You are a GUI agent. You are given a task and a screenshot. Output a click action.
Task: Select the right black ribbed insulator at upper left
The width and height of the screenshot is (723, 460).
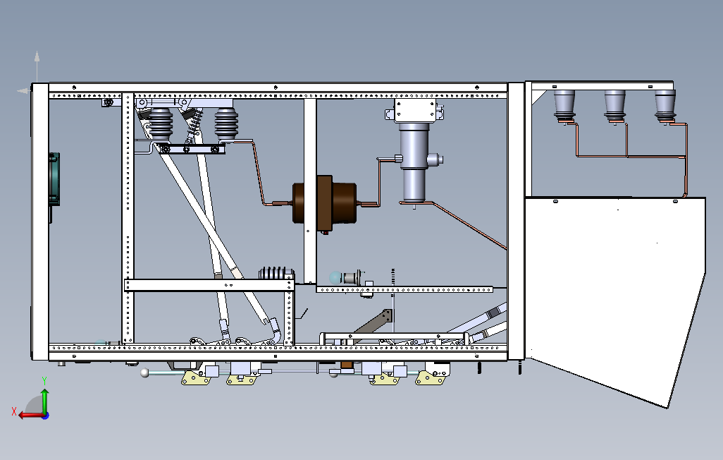(x=226, y=125)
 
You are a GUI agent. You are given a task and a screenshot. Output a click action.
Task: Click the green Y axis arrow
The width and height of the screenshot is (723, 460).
(x=44, y=398)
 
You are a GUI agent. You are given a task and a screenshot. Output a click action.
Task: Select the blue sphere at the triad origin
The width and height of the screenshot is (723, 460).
(x=44, y=415)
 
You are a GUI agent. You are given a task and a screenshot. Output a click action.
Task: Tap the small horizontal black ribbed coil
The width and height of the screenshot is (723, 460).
(x=276, y=273)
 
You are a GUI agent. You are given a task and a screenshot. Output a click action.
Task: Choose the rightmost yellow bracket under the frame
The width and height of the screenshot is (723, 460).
(x=431, y=379)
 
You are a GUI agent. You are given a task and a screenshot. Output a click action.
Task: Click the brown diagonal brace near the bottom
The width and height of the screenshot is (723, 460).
(x=373, y=325)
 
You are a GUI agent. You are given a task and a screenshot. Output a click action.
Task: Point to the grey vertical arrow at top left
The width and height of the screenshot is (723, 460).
(x=37, y=67)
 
